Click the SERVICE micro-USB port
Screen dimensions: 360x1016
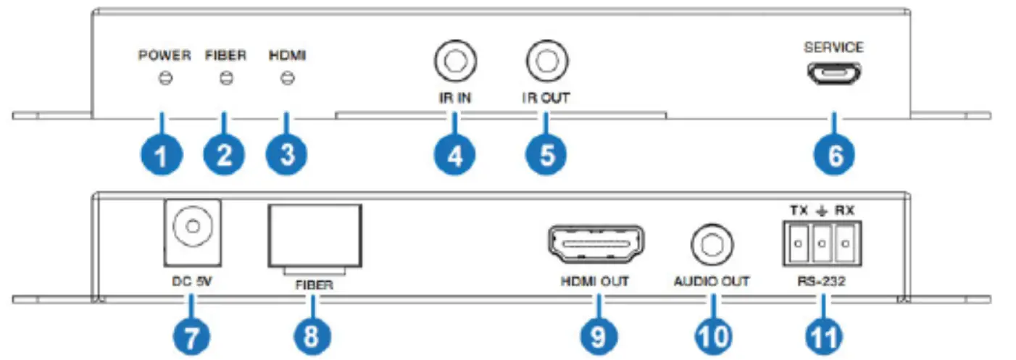[833, 75]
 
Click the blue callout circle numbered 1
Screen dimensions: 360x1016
[164, 154]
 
